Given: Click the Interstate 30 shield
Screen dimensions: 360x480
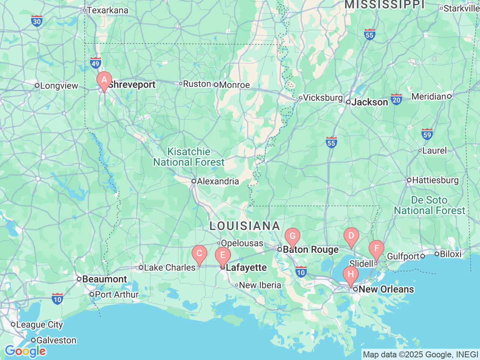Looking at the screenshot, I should pos(37,21).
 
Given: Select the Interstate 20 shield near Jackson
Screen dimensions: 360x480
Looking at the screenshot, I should pos(396,99).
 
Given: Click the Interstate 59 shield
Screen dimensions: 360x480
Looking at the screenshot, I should pos(427,134).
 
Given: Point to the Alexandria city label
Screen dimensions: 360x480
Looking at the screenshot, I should pos(218,181).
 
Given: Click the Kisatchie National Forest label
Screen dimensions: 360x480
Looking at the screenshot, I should pos(189,157).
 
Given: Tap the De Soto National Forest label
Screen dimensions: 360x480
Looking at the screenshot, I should pos(429,205).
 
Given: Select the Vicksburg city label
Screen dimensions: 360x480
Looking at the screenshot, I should pos(322,98).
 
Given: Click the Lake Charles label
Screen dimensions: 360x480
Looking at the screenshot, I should pos(169,267).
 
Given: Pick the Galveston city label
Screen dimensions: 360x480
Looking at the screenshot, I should pos(56,340).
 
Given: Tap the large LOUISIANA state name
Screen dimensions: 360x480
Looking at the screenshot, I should pos(244,226).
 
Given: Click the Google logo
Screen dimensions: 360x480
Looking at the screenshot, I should pos(25,351).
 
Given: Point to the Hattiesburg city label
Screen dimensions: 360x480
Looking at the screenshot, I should pos(435,180).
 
